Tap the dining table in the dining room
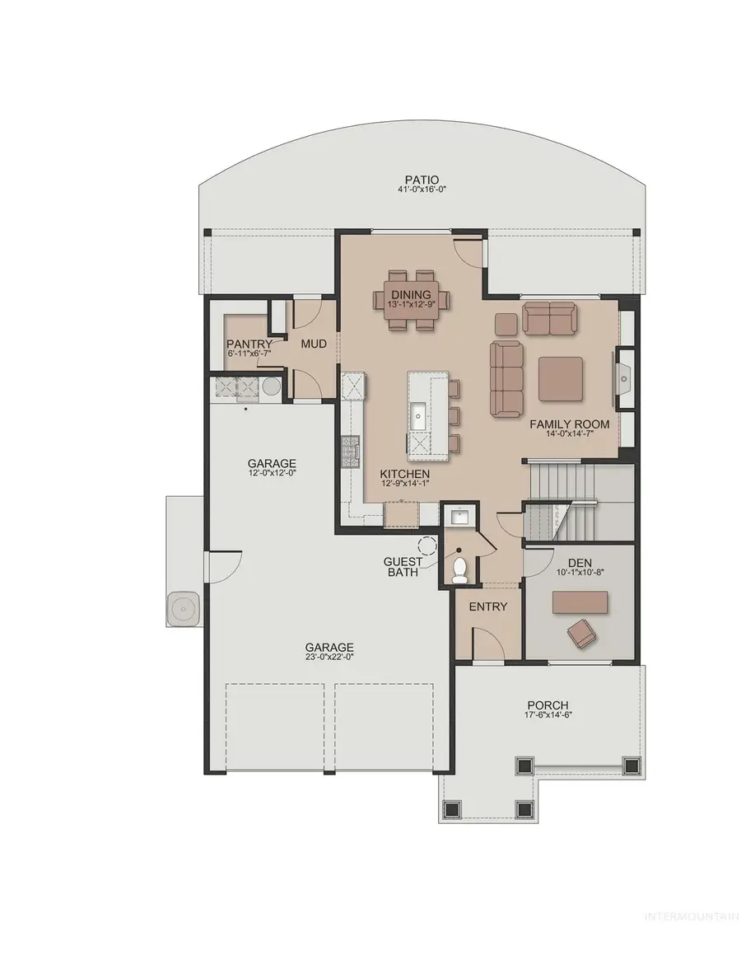(411, 299)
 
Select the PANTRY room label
(249, 344)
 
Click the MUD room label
(314, 344)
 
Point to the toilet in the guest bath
(459, 570)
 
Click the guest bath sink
(459, 517)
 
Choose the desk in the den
(580, 602)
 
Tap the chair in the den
(581, 632)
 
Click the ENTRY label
(487, 606)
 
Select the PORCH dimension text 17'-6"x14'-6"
(548, 714)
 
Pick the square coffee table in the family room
(560, 379)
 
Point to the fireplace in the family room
(623, 379)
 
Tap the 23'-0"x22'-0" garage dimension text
(330, 656)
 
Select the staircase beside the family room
(577, 502)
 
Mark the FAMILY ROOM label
(569, 424)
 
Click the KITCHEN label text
(404, 474)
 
